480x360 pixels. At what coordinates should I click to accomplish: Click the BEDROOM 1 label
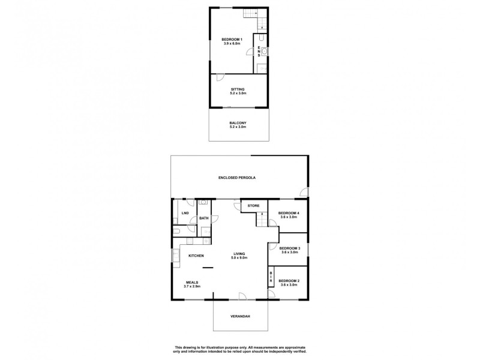(231, 40)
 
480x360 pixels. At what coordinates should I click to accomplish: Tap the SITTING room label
(231, 88)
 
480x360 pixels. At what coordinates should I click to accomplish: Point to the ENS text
(259, 50)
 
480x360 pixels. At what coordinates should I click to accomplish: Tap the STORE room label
(254, 206)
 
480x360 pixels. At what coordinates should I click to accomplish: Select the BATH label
(203, 218)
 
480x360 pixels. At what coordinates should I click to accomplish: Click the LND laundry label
(185, 213)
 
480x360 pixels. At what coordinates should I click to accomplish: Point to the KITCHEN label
(197, 256)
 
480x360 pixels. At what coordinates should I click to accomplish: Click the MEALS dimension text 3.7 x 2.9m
(192, 287)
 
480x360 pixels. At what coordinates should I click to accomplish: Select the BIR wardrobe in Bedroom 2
(271, 277)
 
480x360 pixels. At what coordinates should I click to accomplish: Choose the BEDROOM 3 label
(289, 248)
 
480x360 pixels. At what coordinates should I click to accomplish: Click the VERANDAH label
(240, 316)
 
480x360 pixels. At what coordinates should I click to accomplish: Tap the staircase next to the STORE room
(262, 219)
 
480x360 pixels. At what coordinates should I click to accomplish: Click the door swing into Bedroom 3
(272, 245)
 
